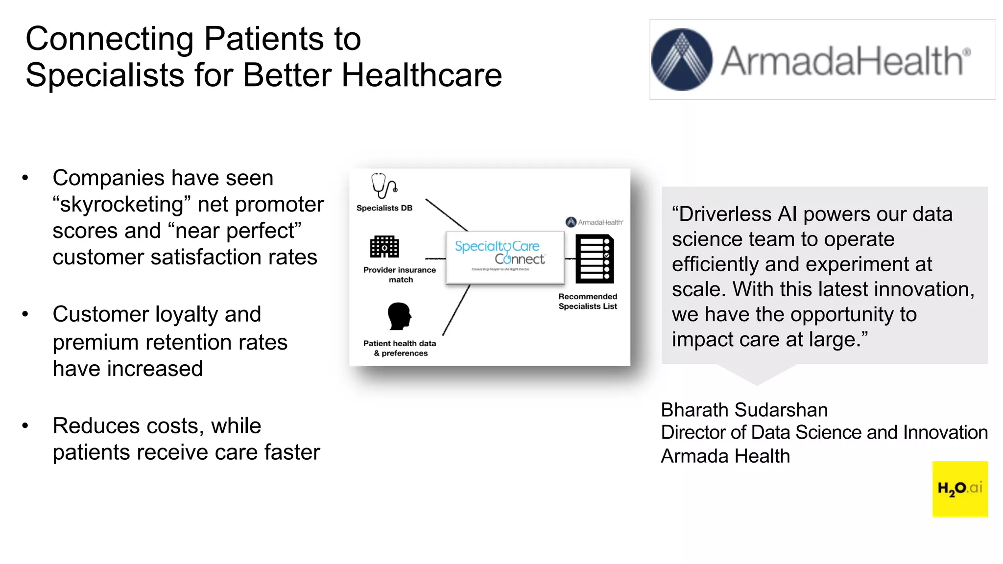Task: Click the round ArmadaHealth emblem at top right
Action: click(x=681, y=60)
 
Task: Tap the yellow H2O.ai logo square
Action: click(x=959, y=488)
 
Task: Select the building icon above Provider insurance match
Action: click(x=384, y=246)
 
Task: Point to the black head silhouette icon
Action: click(x=399, y=316)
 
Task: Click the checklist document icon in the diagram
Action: click(x=594, y=258)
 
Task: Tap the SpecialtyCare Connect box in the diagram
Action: click(x=505, y=258)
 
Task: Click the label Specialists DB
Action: click(x=384, y=208)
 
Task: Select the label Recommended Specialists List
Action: click(x=587, y=301)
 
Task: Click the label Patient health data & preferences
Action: click(x=400, y=348)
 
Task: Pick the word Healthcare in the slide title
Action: click(x=421, y=75)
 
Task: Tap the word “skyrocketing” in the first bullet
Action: click(x=121, y=205)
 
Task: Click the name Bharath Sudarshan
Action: click(x=744, y=410)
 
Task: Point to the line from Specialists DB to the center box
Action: click(x=446, y=214)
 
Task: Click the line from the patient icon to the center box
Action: click(x=456, y=310)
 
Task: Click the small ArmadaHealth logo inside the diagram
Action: click(x=594, y=222)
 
